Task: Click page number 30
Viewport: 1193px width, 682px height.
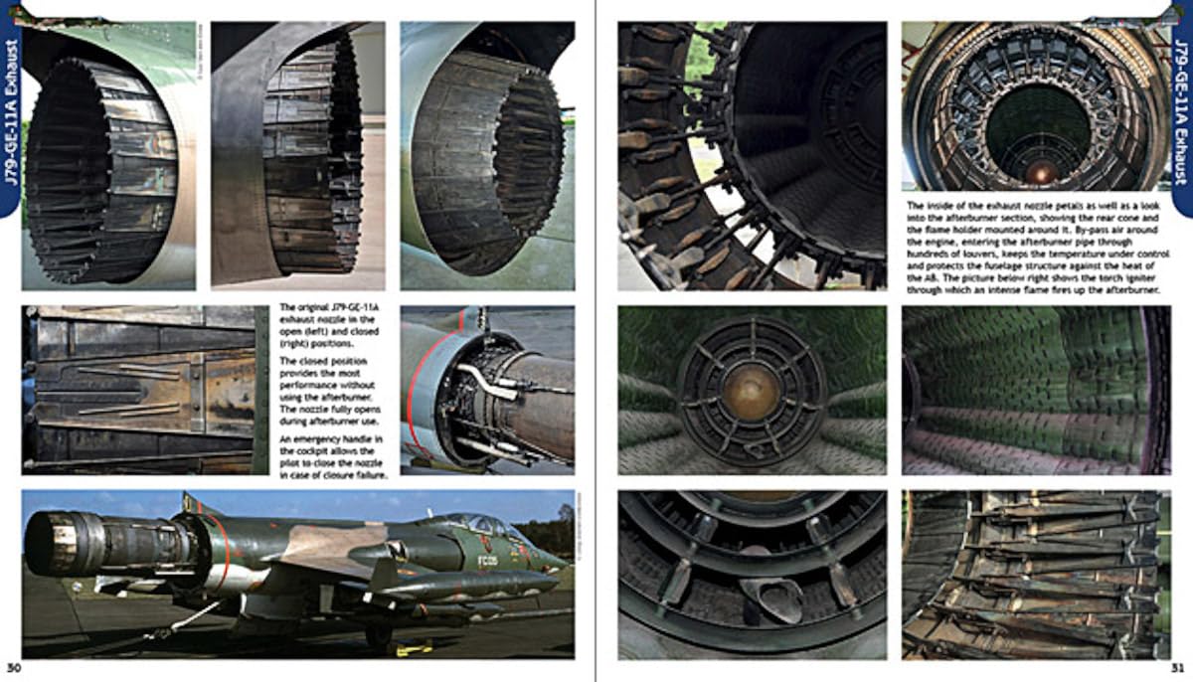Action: (x=13, y=667)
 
